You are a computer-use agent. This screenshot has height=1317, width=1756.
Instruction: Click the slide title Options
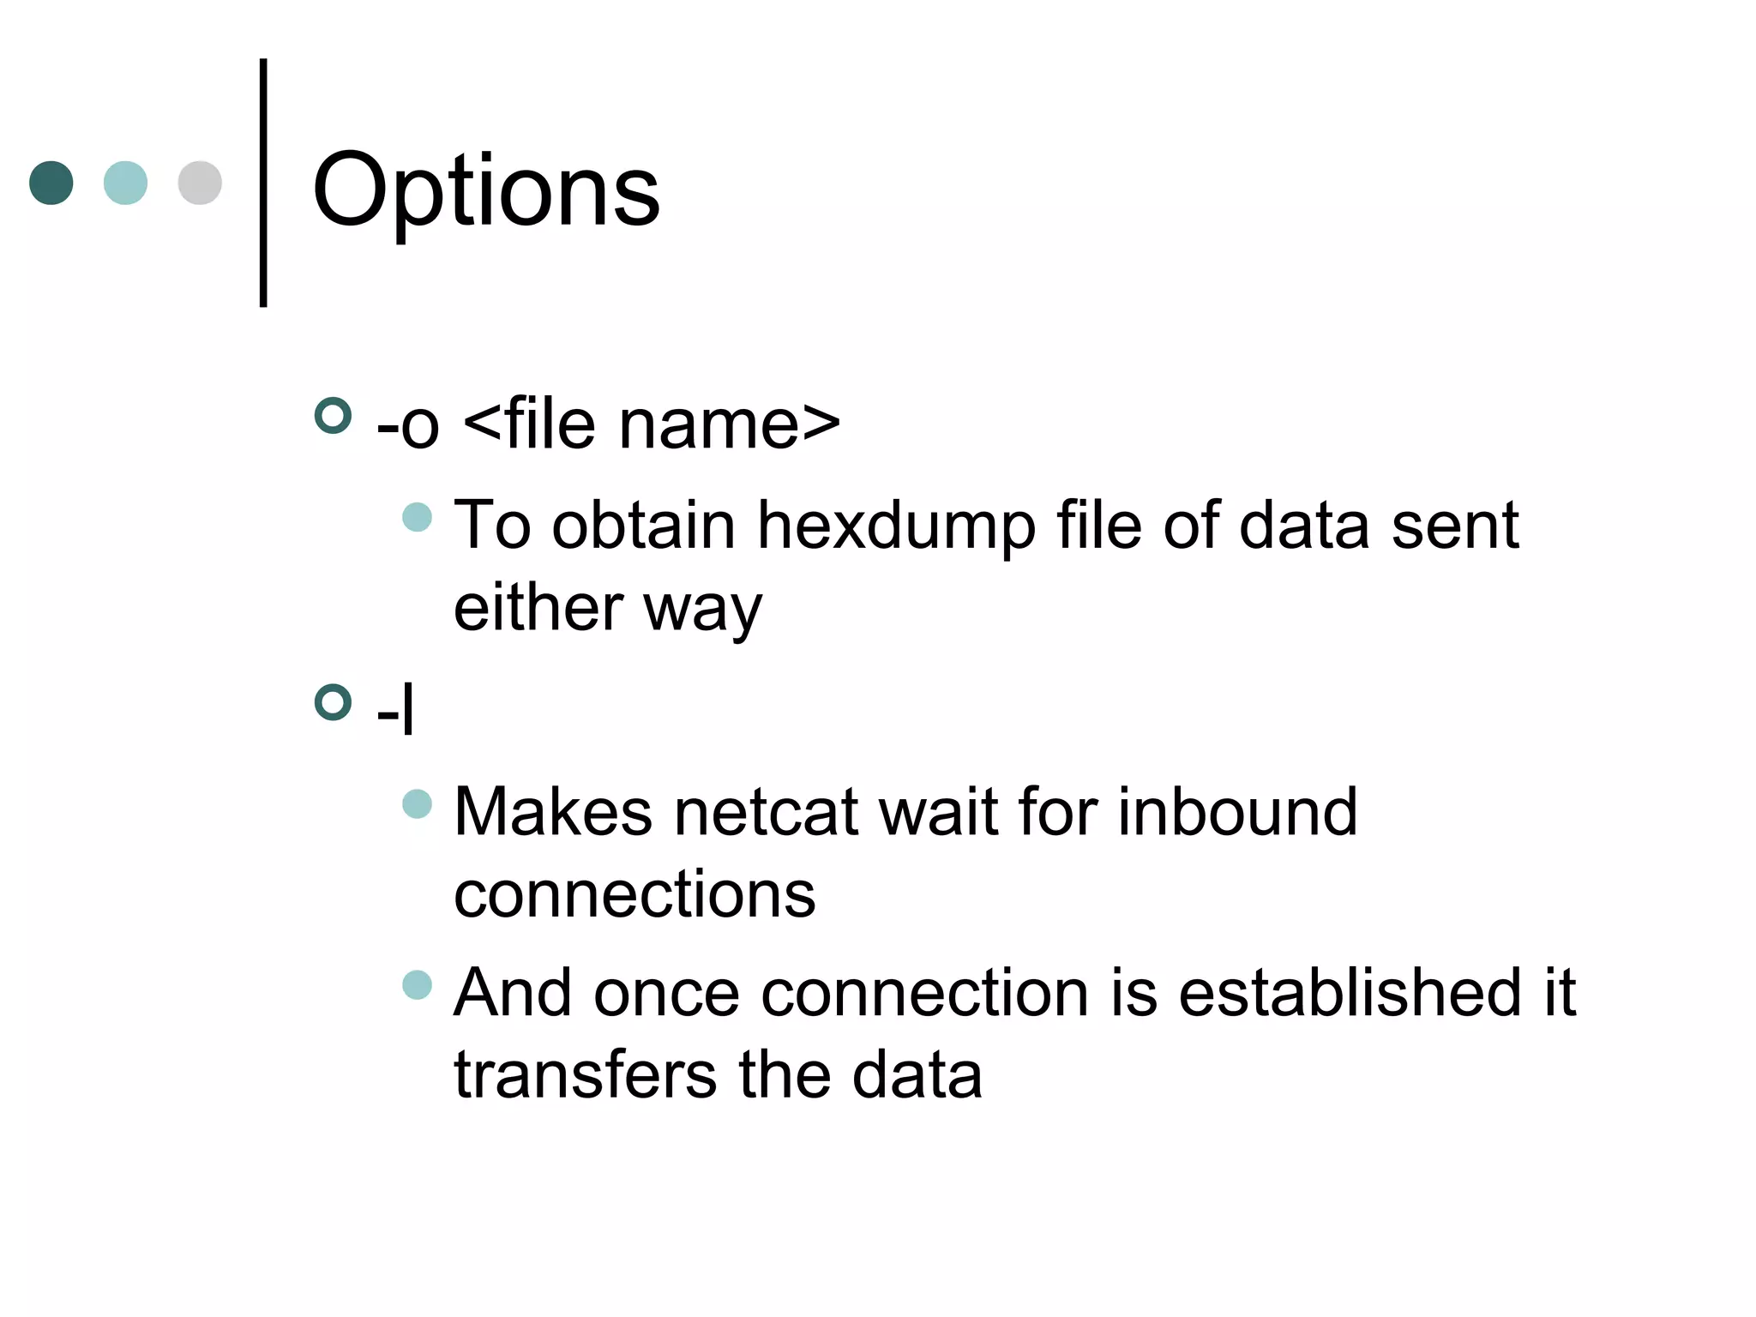(x=486, y=190)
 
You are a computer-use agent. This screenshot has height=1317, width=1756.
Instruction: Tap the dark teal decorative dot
(x=51, y=183)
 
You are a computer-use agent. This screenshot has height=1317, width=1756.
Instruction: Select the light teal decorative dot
(x=125, y=183)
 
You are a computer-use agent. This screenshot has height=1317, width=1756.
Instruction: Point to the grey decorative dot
(x=200, y=183)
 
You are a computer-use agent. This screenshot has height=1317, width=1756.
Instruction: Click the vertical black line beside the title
(x=263, y=183)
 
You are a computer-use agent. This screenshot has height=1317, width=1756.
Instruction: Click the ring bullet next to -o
(x=334, y=416)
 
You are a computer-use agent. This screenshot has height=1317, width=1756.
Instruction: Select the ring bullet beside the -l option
(x=334, y=702)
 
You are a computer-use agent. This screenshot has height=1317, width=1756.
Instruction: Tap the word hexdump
(x=896, y=526)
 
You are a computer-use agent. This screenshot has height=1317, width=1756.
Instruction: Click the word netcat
(x=766, y=812)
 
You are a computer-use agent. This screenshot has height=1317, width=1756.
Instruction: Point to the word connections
(x=634, y=894)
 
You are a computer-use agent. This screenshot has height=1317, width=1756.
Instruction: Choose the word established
(x=1350, y=993)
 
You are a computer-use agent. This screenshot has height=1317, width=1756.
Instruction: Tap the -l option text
(x=395, y=711)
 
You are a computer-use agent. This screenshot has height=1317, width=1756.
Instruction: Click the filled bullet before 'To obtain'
(x=417, y=517)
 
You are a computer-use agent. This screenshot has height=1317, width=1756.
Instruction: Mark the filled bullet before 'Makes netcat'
(x=417, y=803)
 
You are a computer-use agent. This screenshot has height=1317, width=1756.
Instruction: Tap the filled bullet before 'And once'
(x=417, y=984)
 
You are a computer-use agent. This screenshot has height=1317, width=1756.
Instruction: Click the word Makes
(x=552, y=812)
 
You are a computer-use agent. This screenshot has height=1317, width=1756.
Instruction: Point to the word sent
(x=1455, y=526)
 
